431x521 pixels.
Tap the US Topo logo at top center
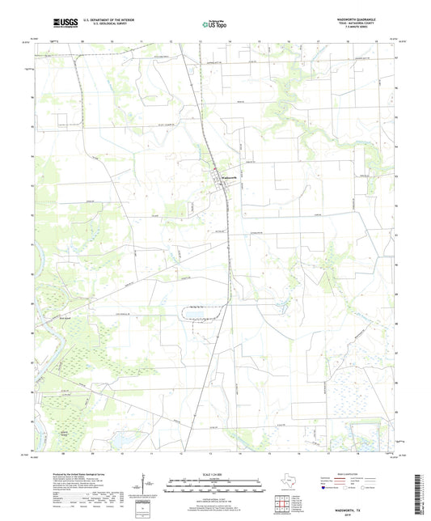click(214, 25)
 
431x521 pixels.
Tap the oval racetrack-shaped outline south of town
click(198, 311)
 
